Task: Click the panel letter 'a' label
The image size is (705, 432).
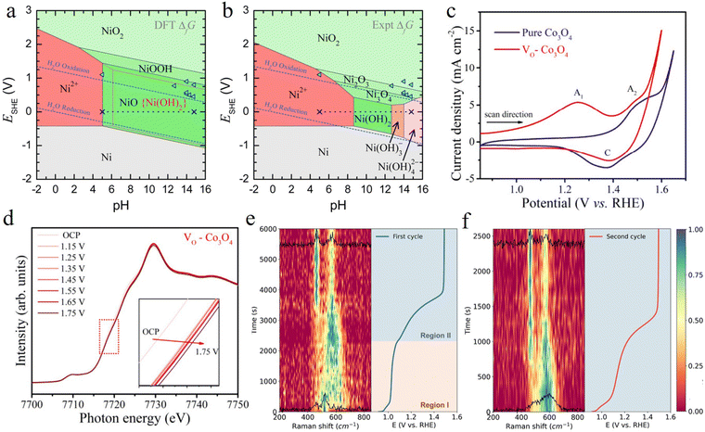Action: [x=8, y=11]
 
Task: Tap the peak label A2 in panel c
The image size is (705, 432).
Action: [x=632, y=90]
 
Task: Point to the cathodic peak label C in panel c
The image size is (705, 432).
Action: [x=606, y=157]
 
